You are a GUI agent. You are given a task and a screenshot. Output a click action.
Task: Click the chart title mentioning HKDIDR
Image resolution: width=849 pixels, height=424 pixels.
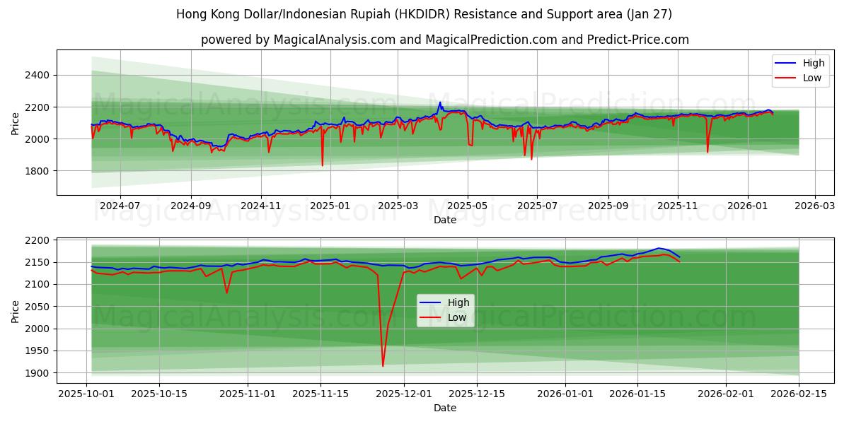click(424, 14)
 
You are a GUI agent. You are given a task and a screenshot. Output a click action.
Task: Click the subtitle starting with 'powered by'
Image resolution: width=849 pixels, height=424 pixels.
click(444, 40)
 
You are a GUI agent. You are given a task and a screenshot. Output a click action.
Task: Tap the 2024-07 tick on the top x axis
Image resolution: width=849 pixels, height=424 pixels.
click(120, 205)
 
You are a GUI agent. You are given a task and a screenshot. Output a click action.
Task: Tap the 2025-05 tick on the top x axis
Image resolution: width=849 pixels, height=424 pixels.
click(467, 205)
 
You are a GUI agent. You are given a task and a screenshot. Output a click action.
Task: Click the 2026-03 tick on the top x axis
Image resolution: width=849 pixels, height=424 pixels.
click(815, 205)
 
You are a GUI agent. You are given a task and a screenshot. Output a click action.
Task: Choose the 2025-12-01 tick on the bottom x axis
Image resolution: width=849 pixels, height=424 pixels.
click(404, 393)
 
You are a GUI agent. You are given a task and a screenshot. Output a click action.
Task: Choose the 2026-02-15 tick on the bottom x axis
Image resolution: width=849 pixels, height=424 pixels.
click(799, 393)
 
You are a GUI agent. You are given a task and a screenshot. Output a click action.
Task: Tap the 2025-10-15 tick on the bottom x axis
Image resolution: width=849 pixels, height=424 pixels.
click(159, 393)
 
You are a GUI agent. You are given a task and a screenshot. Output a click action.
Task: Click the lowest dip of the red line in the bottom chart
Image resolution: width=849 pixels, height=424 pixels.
click(383, 366)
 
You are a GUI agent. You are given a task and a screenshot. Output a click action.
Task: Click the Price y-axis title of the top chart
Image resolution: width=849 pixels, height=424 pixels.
click(16, 122)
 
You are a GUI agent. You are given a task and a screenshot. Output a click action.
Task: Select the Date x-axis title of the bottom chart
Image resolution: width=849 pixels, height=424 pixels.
click(444, 408)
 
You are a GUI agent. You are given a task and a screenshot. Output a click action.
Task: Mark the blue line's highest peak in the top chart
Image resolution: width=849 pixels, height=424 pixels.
click(440, 102)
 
